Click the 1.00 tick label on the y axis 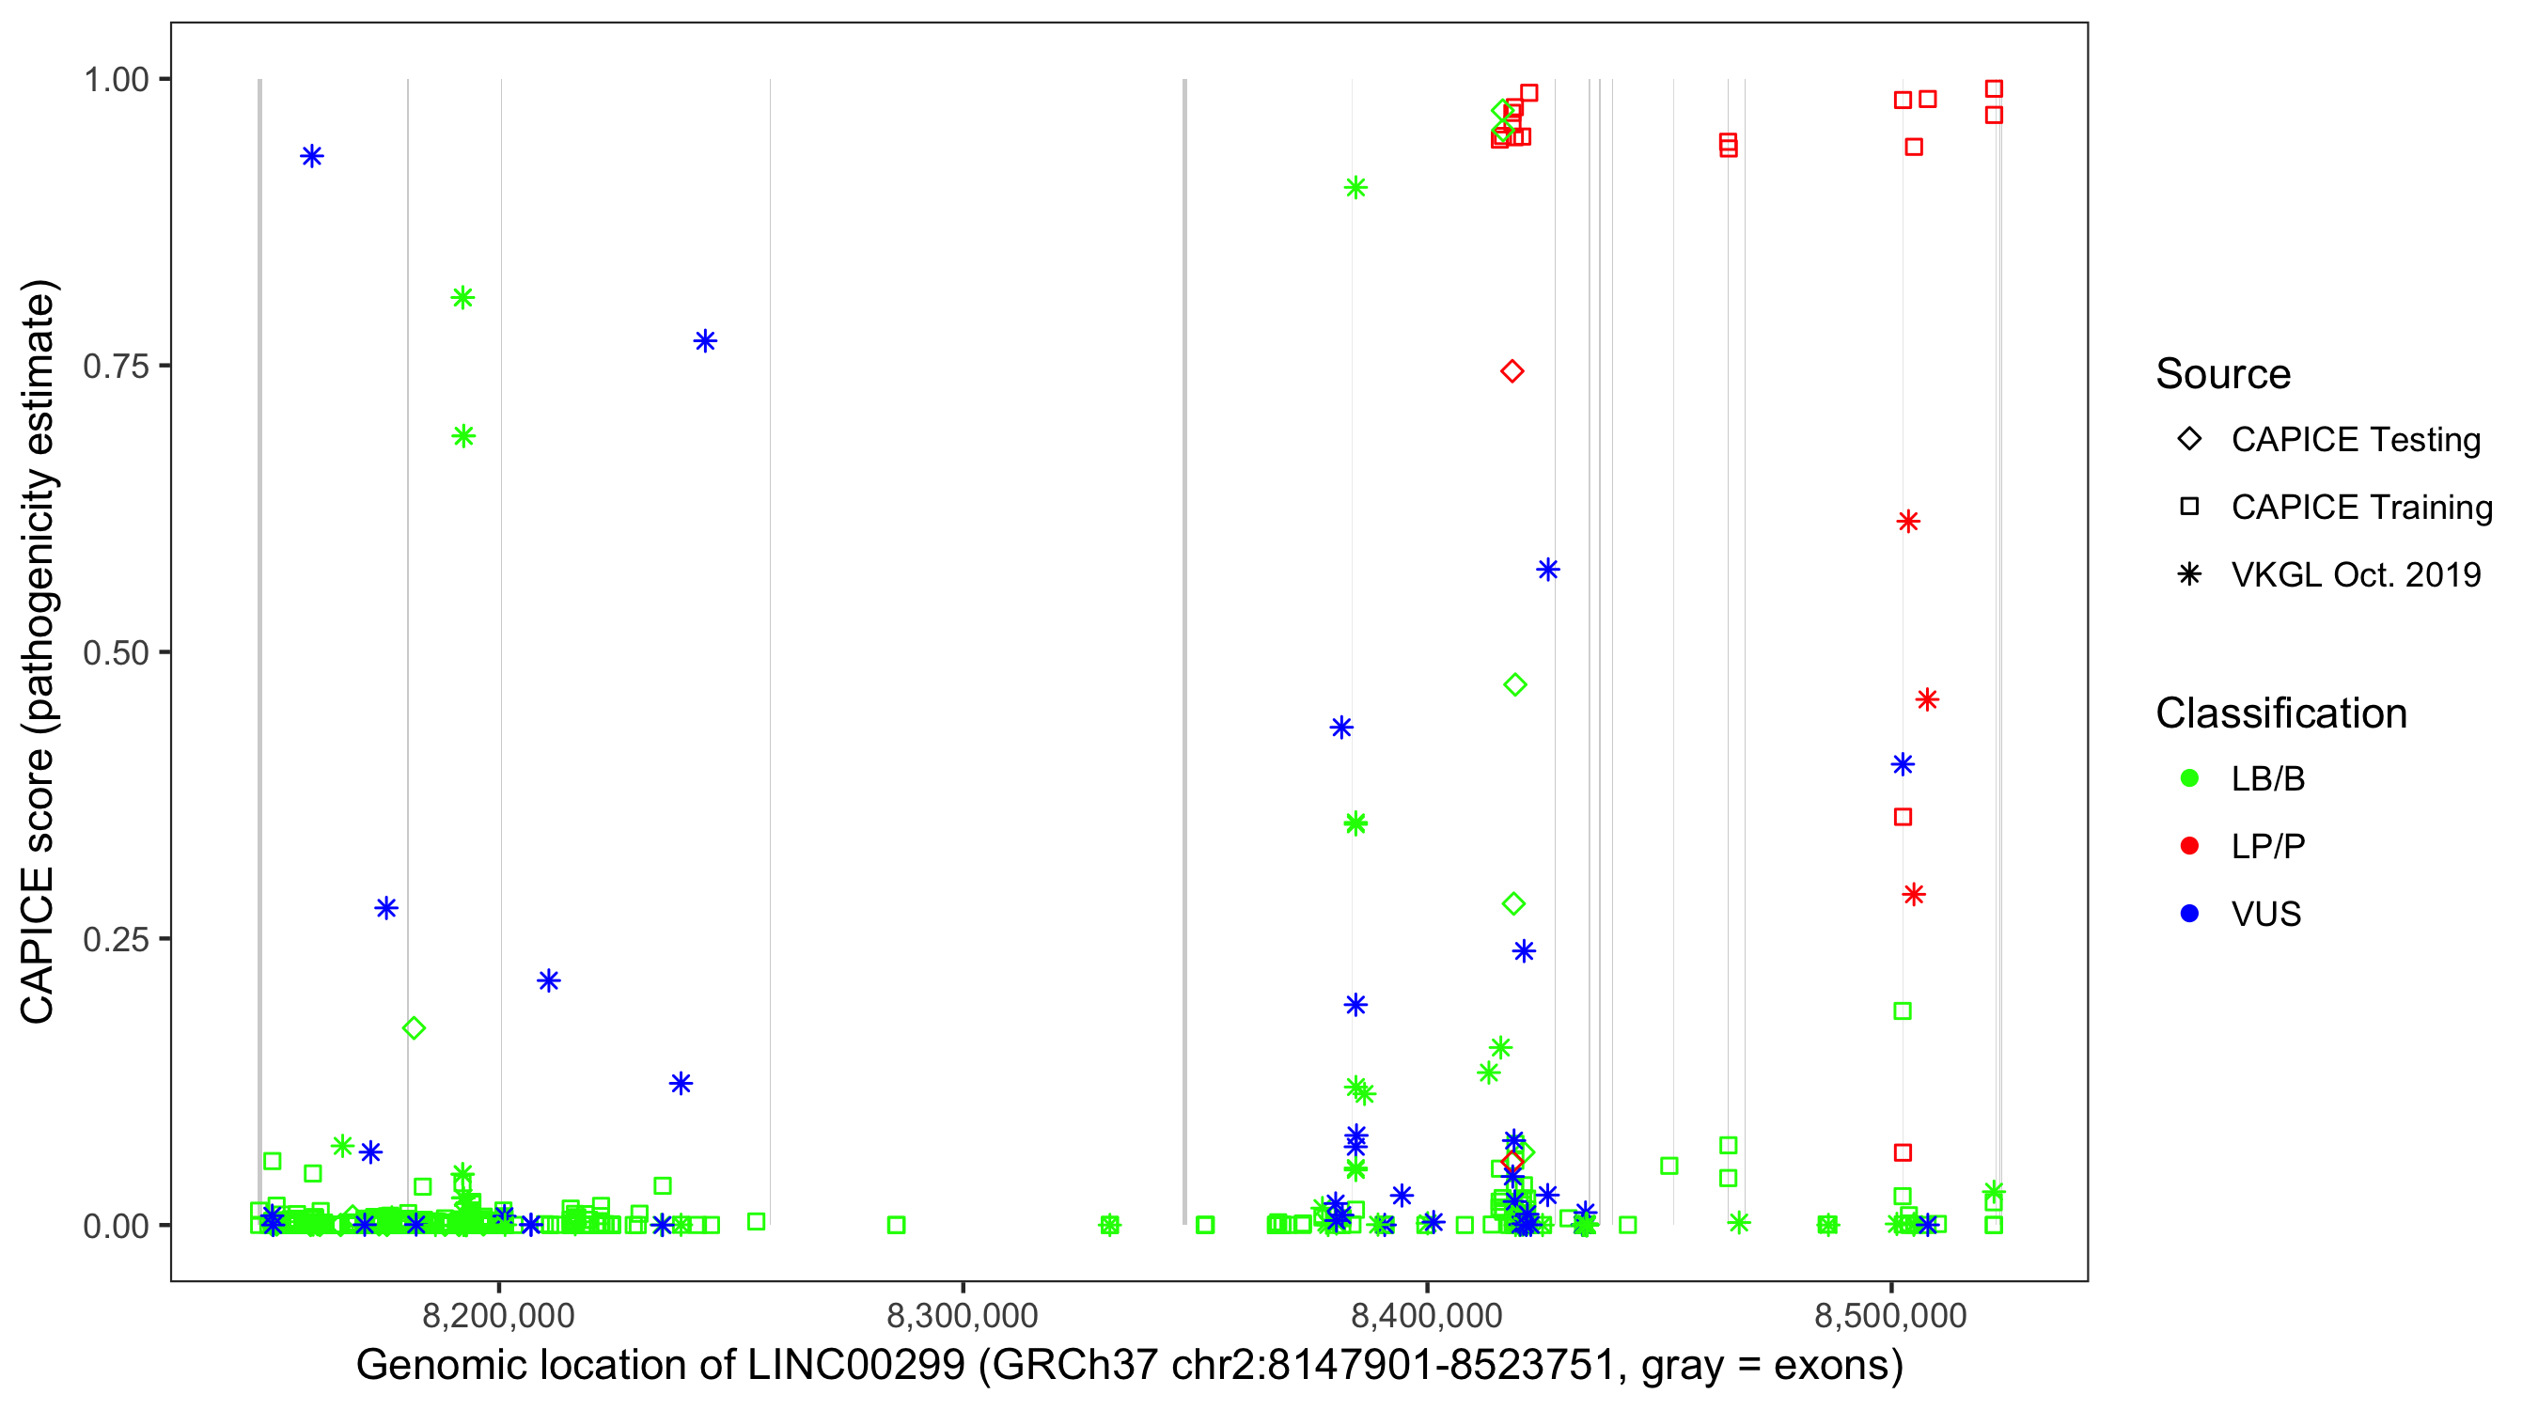(116, 79)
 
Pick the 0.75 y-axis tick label (116, 366)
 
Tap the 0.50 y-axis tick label (116, 652)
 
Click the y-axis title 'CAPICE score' (39, 651)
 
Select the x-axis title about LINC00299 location (1129, 1366)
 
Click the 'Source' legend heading (2223, 374)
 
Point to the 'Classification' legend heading (2280, 713)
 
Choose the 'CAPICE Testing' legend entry (2355, 440)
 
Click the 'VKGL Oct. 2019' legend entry (2355, 574)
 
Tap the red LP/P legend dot (2190, 846)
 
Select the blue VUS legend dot (2190, 915)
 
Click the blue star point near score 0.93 (312, 156)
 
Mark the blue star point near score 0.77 (705, 341)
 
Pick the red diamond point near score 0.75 (1512, 371)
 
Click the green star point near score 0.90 (1355, 188)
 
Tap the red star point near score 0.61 (1908, 522)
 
